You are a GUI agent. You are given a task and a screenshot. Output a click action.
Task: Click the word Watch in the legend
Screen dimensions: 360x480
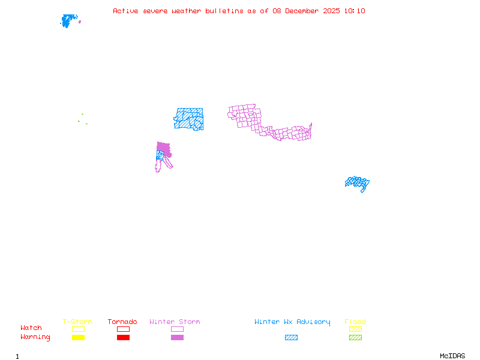click(31, 328)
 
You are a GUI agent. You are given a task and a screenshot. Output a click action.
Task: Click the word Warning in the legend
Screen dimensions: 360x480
click(35, 337)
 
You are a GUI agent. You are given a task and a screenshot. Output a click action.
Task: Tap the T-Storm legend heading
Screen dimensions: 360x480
click(77, 322)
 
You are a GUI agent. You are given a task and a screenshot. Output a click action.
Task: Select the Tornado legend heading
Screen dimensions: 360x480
click(122, 322)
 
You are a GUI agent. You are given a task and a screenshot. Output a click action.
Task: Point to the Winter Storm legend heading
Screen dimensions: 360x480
click(175, 322)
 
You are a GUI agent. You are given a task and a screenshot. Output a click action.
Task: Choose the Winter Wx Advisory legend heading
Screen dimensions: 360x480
click(292, 322)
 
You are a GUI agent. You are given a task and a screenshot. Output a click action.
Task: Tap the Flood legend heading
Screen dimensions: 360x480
click(355, 322)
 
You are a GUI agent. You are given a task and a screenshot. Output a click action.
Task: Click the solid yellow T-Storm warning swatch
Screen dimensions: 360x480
click(78, 338)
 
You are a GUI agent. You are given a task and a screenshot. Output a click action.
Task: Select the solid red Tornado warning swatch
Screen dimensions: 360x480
click(123, 338)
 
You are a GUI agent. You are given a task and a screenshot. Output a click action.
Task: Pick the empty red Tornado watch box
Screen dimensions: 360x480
click(123, 329)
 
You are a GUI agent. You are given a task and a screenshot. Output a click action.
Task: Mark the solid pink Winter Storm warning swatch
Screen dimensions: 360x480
click(177, 338)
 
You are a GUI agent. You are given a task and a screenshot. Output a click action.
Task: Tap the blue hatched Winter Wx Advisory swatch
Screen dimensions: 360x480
click(291, 338)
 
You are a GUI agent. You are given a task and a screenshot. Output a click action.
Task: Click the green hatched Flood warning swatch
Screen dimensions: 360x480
click(355, 338)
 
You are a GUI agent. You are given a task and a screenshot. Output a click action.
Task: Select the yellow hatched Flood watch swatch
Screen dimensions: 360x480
click(355, 329)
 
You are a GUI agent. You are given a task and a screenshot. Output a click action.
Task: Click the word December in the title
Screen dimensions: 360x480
click(302, 11)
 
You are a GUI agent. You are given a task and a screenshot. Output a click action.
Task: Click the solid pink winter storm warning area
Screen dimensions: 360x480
click(163, 147)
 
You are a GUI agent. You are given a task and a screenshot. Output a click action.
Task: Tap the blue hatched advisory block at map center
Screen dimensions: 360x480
click(189, 119)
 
